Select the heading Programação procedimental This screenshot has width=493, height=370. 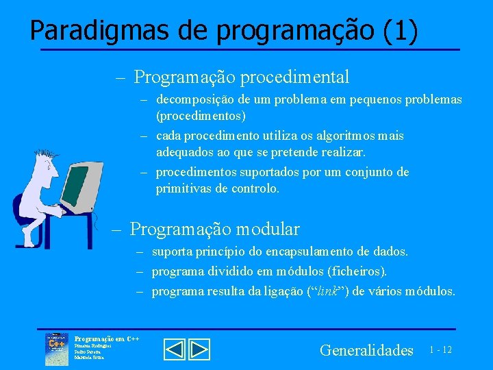242,77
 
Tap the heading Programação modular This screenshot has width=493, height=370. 214,228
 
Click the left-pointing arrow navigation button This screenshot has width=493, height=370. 175,349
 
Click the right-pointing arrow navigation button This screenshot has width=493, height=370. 199,349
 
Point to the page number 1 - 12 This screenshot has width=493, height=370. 440,350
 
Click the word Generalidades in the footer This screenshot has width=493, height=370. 366,350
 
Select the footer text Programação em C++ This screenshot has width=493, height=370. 106,338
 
